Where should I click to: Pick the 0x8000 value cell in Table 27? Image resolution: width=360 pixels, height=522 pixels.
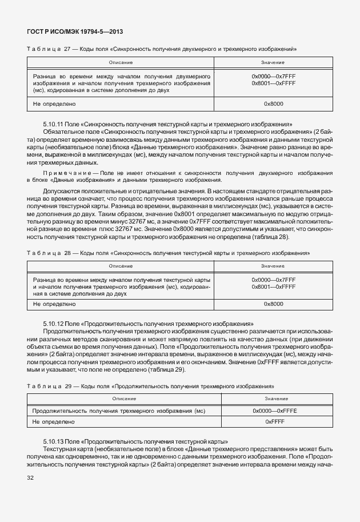(273, 103)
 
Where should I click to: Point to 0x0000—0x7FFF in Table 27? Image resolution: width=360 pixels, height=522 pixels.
(273, 75)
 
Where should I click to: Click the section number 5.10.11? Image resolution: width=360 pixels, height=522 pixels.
(55, 124)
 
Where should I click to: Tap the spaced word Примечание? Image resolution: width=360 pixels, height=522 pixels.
(66, 172)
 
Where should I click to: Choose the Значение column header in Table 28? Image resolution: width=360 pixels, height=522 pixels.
(273, 266)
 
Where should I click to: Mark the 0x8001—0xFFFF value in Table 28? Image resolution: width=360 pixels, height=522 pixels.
(273, 286)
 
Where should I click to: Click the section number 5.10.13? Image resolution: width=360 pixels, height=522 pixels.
(55, 441)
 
